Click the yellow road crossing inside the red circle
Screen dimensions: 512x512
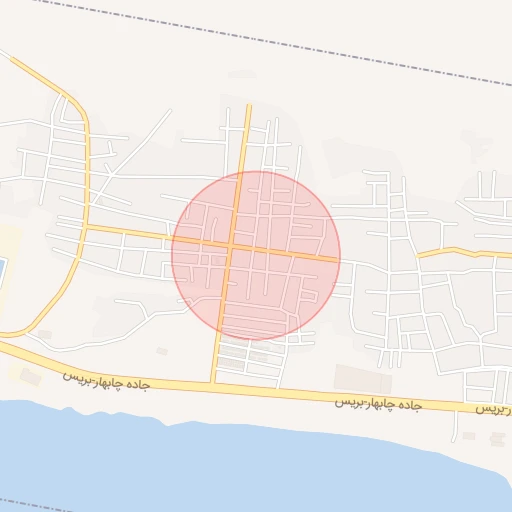[x=231, y=245]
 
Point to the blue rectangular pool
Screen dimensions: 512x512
[x=2, y=271]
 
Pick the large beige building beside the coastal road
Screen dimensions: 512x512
[x=362, y=378]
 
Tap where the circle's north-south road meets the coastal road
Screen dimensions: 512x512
[x=213, y=381]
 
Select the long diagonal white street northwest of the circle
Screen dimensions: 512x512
[x=135, y=151]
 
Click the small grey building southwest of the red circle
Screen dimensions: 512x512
[x=162, y=351]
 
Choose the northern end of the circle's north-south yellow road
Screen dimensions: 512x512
[x=246, y=106]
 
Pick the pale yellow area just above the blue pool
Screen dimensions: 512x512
[x=8, y=240]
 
